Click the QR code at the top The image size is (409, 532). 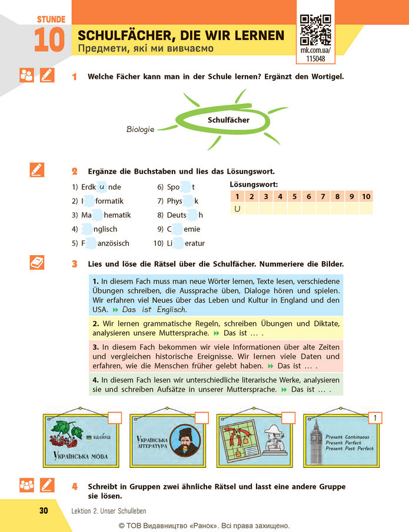pyautogui.click(x=315, y=30)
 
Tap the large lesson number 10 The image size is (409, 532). pyautogui.click(x=49, y=39)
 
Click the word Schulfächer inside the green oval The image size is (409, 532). pyautogui.click(x=228, y=120)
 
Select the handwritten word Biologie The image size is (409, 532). pyautogui.click(x=140, y=129)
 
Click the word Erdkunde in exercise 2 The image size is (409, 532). pyautogui.click(x=101, y=187)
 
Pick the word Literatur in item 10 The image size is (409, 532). pyautogui.click(x=186, y=243)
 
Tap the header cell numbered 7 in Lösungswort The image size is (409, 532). pyautogui.click(x=323, y=196)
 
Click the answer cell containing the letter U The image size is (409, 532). pyautogui.click(x=237, y=209)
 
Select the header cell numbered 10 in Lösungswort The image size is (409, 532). pyautogui.click(x=366, y=196)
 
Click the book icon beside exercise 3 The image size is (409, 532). pyautogui.click(x=37, y=263)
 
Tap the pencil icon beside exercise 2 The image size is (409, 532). pyautogui.click(x=37, y=170)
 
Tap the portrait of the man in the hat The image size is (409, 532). pyautogui.click(x=185, y=440)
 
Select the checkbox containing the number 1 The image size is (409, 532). pyautogui.click(x=375, y=418)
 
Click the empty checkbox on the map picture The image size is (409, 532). pyautogui.click(x=288, y=418)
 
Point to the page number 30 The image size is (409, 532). pyautogui.click(x=44, y=511)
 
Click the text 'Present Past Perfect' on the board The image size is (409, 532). pyautogui.click(x=350, y=448)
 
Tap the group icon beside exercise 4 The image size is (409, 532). pyautogui.click(x=26, y=485)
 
